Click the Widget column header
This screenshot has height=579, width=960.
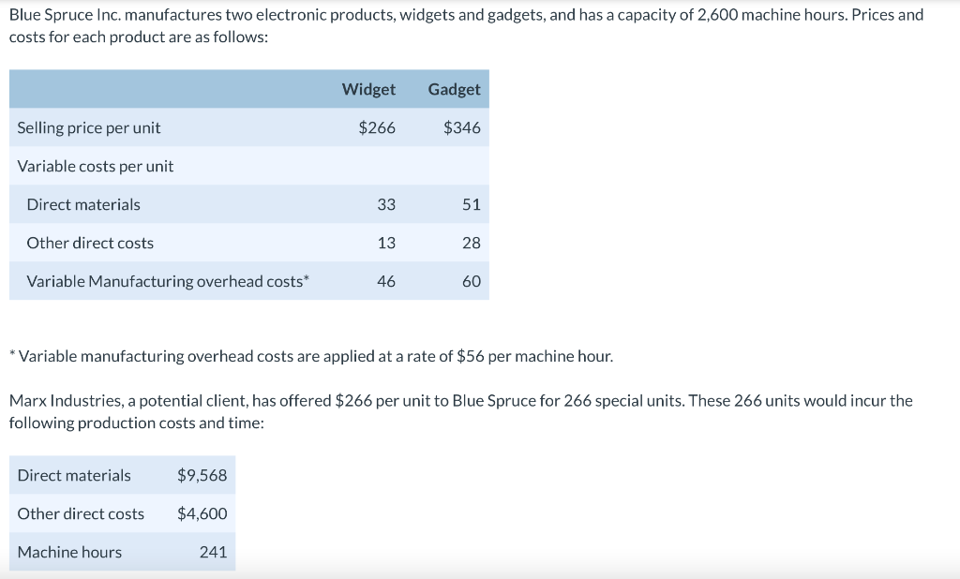click(x=368, y=89)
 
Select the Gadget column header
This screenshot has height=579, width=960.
click(x=454, y=89)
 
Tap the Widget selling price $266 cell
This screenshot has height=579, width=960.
click(x=377, y=127)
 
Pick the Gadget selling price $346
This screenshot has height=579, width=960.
click(x=461, y=127)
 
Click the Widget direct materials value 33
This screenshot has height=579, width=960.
click(x=386, y=204)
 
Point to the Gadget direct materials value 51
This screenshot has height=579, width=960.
click(x=471, y=204)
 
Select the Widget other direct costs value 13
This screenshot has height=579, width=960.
click(x=386, y=243)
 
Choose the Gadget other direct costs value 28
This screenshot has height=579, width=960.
click(x=471, y=243)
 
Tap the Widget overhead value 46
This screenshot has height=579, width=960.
click(x=386, y=281)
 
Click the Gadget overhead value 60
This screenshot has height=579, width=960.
click(x=471, y=281)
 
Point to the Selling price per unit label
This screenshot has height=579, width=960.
click(x=89, y=127)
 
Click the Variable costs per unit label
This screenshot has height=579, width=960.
click(x=96, y=166)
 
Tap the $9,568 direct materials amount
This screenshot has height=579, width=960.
click(x=202, y=475)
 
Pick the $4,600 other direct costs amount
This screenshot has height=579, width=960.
click(x=202, y=513)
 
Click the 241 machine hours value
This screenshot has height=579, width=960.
click(x=213, y=552)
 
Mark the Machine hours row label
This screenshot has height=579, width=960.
click(x=69, y=552)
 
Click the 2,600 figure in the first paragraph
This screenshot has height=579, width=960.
click(x=721, y=15)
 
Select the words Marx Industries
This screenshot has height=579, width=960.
click(x=67, y=401)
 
